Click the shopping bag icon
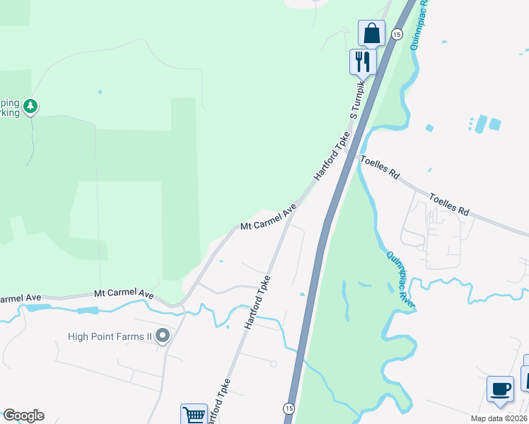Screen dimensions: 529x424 pyautogui.click(x=371, y=33)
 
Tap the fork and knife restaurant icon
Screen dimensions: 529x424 pyautogui.click(x=363, y=60)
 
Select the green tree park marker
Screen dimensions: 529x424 pyautogui.click(x=30, y=107)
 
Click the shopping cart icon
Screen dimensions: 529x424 pyautogui.click(x=193, y=414)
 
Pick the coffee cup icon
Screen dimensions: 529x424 pyautogui.click(x=500, y=389)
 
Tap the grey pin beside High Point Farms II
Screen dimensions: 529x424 pyautogui.click(x=163, y=336)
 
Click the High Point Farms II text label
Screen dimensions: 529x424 pyautogui.click(x=110, y=336)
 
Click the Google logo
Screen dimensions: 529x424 pyautogui.click(x=23, y=416)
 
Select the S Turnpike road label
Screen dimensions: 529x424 pyautogui.click(x=357, y=99)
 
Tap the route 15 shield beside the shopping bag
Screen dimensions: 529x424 pyautogui.click(x=397, y=34)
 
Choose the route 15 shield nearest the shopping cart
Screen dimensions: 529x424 pyautogui.click(x=289, y=408)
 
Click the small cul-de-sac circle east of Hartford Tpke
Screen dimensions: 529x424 pyautogui.click(x=273, y=364)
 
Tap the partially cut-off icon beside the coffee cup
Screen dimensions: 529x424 pyautogui.click(x=525, y=377)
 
